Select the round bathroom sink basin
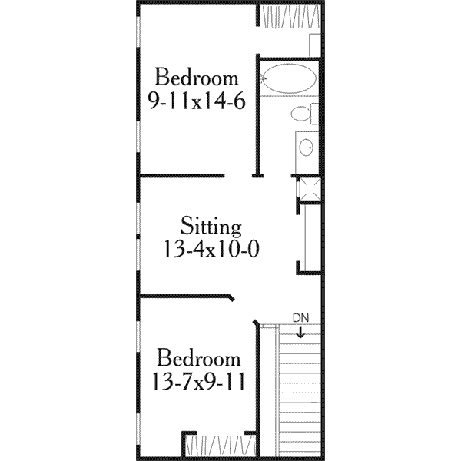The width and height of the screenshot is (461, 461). pyautogui.click(x=307, y=147)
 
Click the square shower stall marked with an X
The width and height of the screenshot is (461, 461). pyautogui.click(x=310, y=189)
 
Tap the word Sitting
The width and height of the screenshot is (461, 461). pyautogui.click(x=212, y=227)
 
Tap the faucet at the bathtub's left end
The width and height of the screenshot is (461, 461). pyautogui.click(x=264, y=78)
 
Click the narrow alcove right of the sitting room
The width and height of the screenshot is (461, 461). pyautogui.click(x=311, y=238)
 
